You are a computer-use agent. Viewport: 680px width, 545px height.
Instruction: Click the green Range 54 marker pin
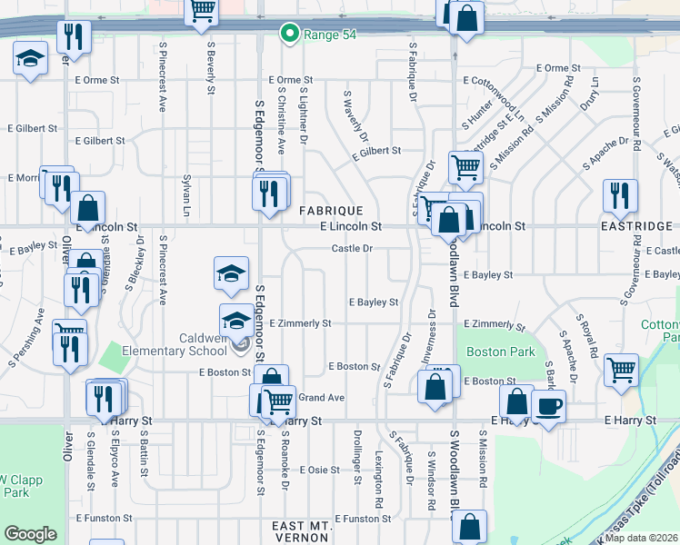point(290,35)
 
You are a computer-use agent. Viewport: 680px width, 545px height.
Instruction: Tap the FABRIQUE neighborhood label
point(332,210)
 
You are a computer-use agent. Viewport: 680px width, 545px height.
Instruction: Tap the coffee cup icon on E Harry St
point(549,404)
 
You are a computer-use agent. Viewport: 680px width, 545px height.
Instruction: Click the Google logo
point(30,534)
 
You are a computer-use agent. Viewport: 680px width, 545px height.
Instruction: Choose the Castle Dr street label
point(352,248)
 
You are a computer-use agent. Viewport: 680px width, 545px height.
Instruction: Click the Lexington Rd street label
point(378,482)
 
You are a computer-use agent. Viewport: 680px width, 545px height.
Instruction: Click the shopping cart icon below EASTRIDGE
point(622,370)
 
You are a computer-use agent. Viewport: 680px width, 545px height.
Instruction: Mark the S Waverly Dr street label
point(355,117)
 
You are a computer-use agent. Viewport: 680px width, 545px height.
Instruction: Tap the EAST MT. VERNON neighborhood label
point(301,532)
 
